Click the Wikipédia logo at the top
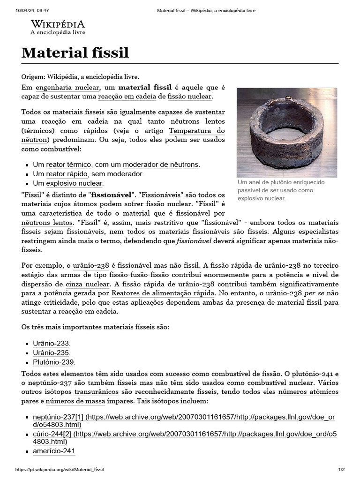pos(58,27)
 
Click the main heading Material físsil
pos(75,53)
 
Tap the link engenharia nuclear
pos(67,87)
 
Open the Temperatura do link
pos(196,130)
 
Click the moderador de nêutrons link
pos(161,165)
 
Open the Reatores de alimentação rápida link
pos(163,293)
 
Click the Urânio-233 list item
pos(51,344)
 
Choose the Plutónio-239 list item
pos(53,362)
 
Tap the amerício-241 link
pos(54,451)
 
